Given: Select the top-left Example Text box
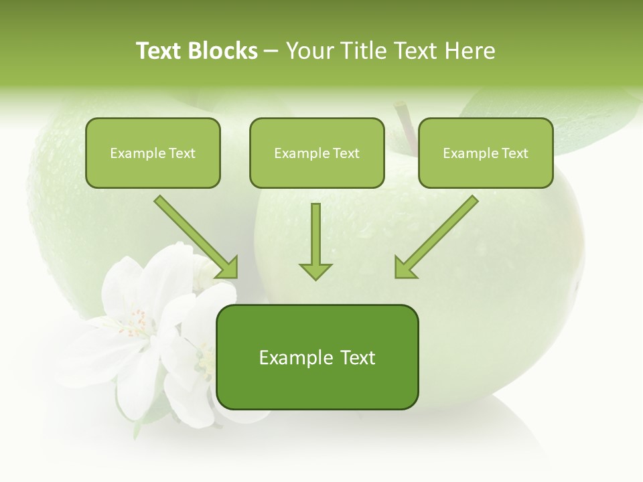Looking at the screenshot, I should (x=153, y=153).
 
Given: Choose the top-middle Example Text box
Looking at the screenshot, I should (x=317, y=153).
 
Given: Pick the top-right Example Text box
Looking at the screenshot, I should (x=486, y=153).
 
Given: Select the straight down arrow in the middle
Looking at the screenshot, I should (x=315, y=241).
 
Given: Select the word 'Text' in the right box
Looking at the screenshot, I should (x=514, y=153).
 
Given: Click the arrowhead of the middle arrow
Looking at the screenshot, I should (x=315, y=270).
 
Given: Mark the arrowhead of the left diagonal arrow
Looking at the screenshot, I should (x=228, y=268).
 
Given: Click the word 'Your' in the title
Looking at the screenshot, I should (x=309, y=51).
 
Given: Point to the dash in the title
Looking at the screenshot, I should (x=271, y=52).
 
